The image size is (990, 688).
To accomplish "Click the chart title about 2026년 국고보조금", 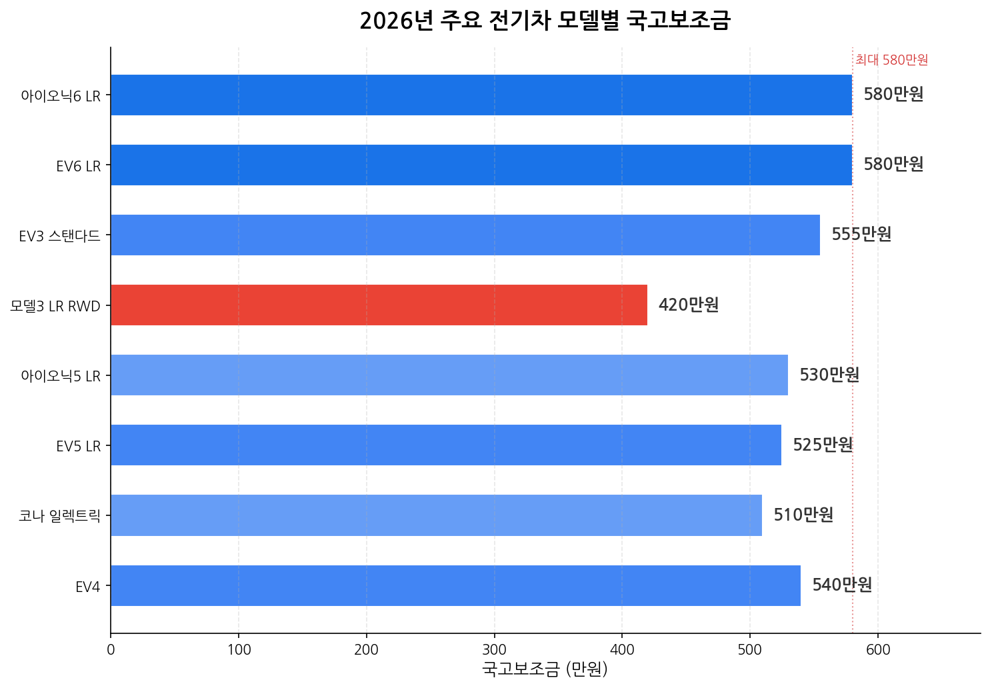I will pos(545,21).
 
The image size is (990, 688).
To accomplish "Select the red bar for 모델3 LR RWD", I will pos(379,305).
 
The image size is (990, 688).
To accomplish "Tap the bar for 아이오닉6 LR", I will pos(481,95).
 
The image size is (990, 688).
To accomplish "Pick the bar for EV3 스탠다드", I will pos(465,235).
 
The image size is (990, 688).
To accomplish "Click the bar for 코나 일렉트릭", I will pos(436,515).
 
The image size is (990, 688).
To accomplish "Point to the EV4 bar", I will pos(455,585).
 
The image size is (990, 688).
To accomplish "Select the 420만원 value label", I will pos(689,305).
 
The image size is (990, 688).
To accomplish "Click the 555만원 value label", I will pos(861,235).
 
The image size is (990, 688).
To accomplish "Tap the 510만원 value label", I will pos(803,515).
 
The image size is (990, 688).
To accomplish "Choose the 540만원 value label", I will pos(842,585).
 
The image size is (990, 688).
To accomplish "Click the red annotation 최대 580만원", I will pos(891,60).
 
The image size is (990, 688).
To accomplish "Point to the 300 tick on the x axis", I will pos(494,650).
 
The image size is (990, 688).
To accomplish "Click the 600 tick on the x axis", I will pos(878,650).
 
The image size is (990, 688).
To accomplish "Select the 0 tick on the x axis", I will pos(111,650).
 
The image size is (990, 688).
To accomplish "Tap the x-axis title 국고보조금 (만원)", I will pos(545,669).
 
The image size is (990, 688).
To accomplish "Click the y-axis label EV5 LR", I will pos(79,446).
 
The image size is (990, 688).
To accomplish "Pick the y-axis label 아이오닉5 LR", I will pos(61,376).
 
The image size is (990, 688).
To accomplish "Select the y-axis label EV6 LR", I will pos(79,166).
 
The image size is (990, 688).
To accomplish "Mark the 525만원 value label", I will pos(823,445).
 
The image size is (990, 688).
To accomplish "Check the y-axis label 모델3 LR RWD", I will pos(55,306).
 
